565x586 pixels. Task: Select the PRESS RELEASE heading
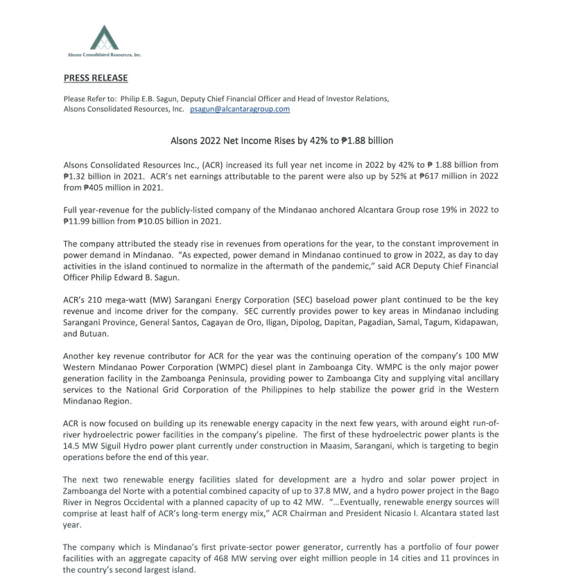point(96,78)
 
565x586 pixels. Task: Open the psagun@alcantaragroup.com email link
point(240,109)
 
